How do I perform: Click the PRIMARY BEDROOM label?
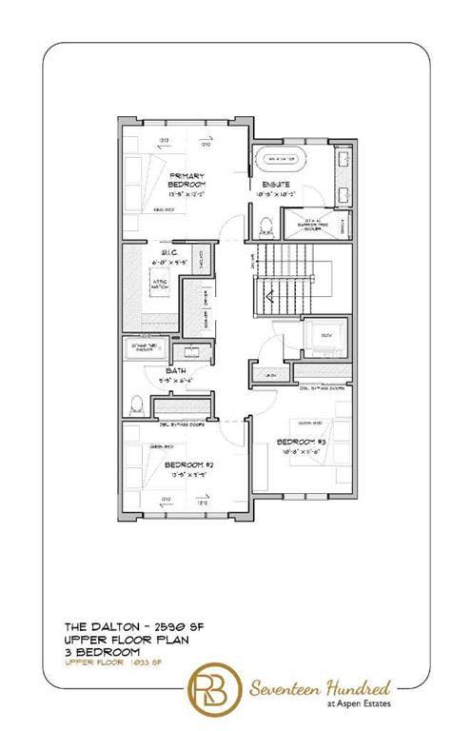pyautogui.click(x=187, y=182)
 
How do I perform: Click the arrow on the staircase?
pyautogui.click(x=271, y=296)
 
